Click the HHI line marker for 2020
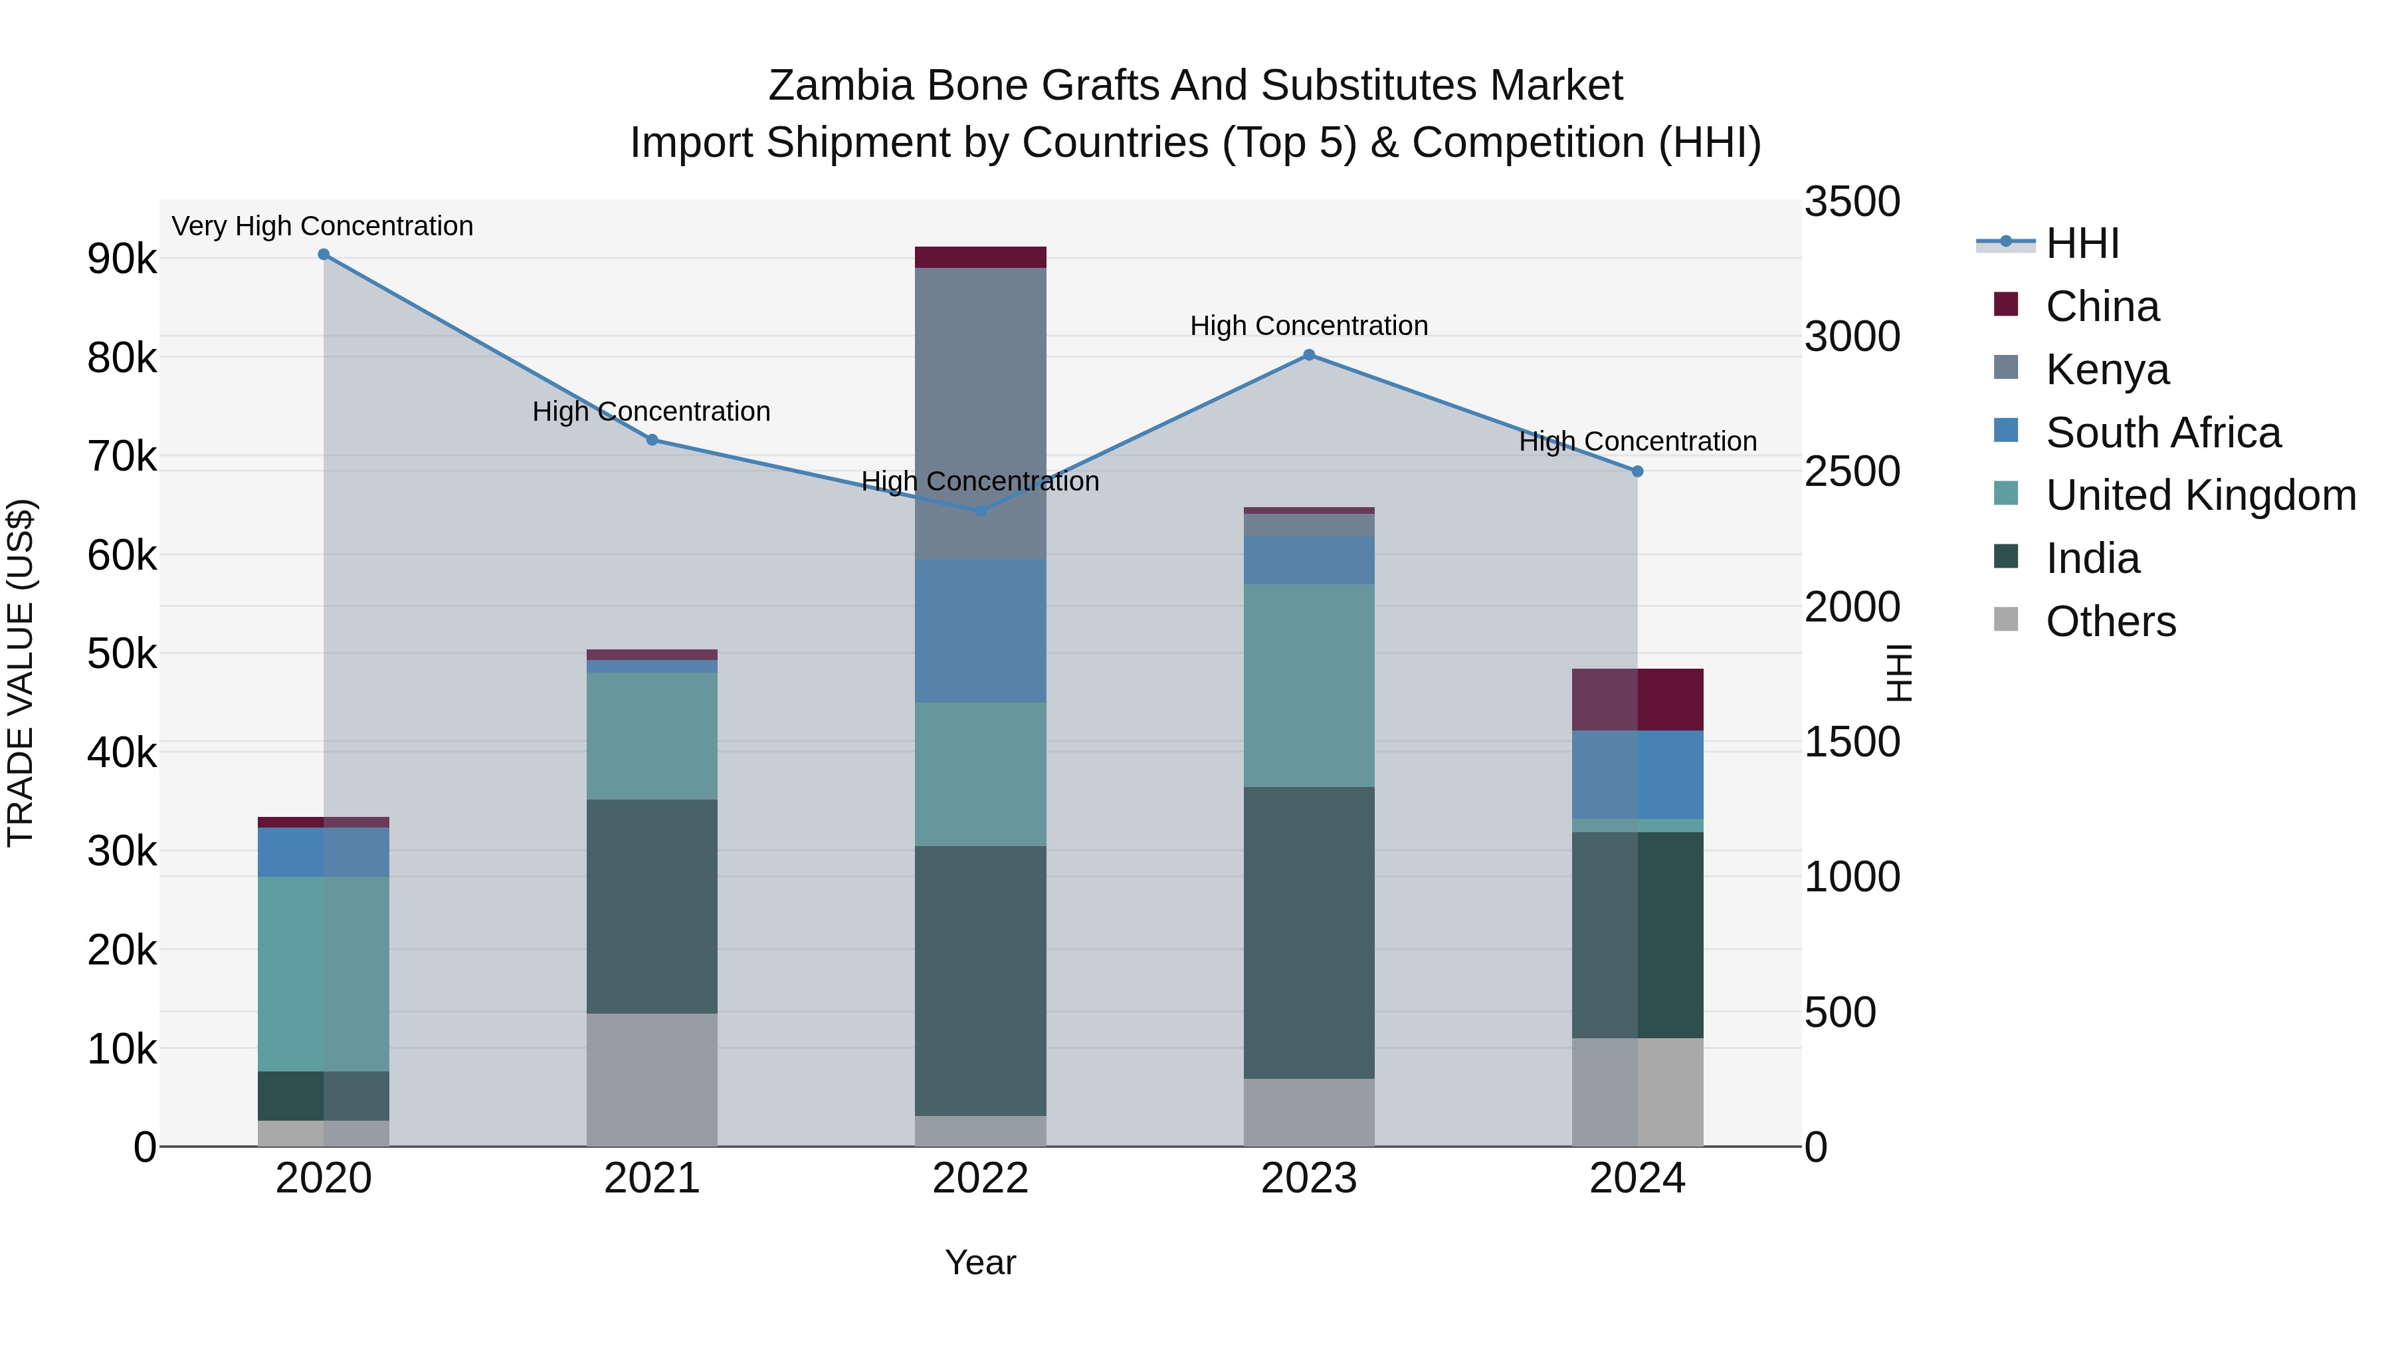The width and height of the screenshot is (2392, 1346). coord(323,255)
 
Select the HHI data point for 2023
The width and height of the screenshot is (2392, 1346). coord(1308,355)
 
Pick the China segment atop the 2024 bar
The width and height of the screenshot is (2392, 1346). coord(1637,699)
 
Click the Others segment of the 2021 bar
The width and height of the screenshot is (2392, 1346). coord(652,1079)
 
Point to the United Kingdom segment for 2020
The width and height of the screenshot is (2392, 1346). coord(323,974)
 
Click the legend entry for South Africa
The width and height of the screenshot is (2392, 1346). coord(2163,433)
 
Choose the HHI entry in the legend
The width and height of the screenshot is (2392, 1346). coord(2082,243)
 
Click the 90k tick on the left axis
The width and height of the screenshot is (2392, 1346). coord(122,259)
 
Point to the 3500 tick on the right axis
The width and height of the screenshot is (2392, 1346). coord(1852,203)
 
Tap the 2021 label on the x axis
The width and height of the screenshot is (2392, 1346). coord(652,1178)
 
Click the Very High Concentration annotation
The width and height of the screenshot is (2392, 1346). coord(322,227)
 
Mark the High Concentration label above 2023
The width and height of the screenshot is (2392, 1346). coord(1308,326)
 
